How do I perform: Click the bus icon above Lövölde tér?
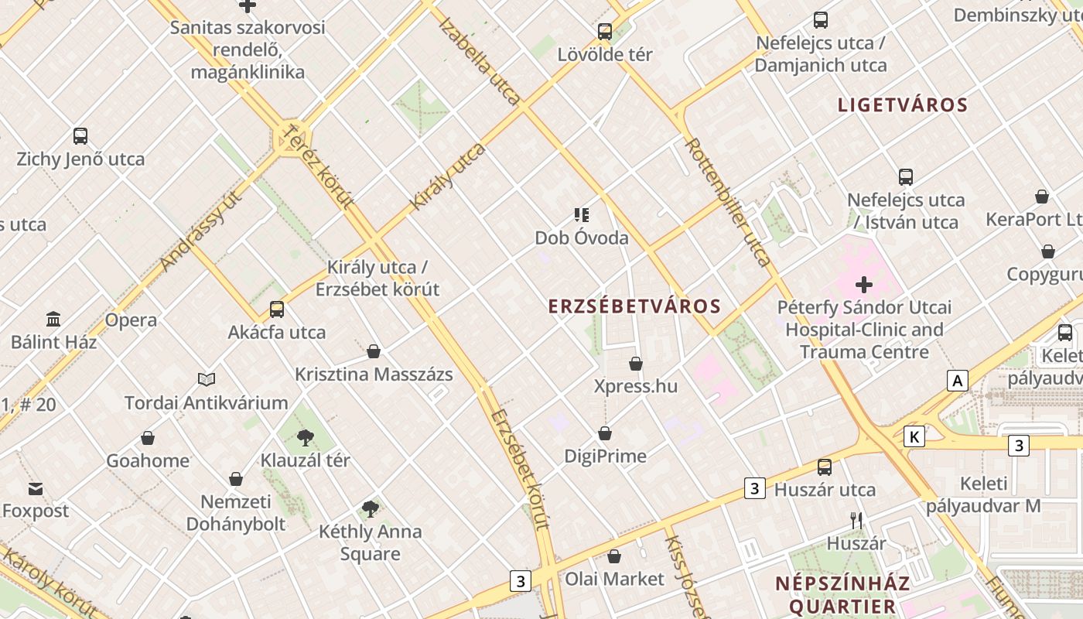tap(605, 32)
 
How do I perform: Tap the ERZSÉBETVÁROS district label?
tap(634, 306)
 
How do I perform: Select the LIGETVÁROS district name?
tap(903, 105)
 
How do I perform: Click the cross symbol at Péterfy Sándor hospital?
tap(864, 285)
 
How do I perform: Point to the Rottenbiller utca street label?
tap(728, 202)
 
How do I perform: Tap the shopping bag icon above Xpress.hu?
tap(636, 364)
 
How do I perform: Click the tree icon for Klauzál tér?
tap(306, 438)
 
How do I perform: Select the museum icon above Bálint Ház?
tap(53, 319)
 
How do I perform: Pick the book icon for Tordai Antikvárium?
tap(206, 379)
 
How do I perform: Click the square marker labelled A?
tap(958, 381)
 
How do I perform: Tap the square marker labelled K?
tap(914, 436)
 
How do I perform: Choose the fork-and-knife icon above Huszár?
tap(856, 521)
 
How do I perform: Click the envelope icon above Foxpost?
tap(36, 489)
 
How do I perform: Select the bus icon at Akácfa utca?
tap(277, 309)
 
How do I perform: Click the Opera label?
tap(131, 320)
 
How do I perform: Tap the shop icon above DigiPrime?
tap(605, 433)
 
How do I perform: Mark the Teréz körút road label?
tap(319, 166)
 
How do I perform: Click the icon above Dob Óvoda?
tap(582, 215)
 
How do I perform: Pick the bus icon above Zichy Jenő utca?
tap(80, 136)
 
